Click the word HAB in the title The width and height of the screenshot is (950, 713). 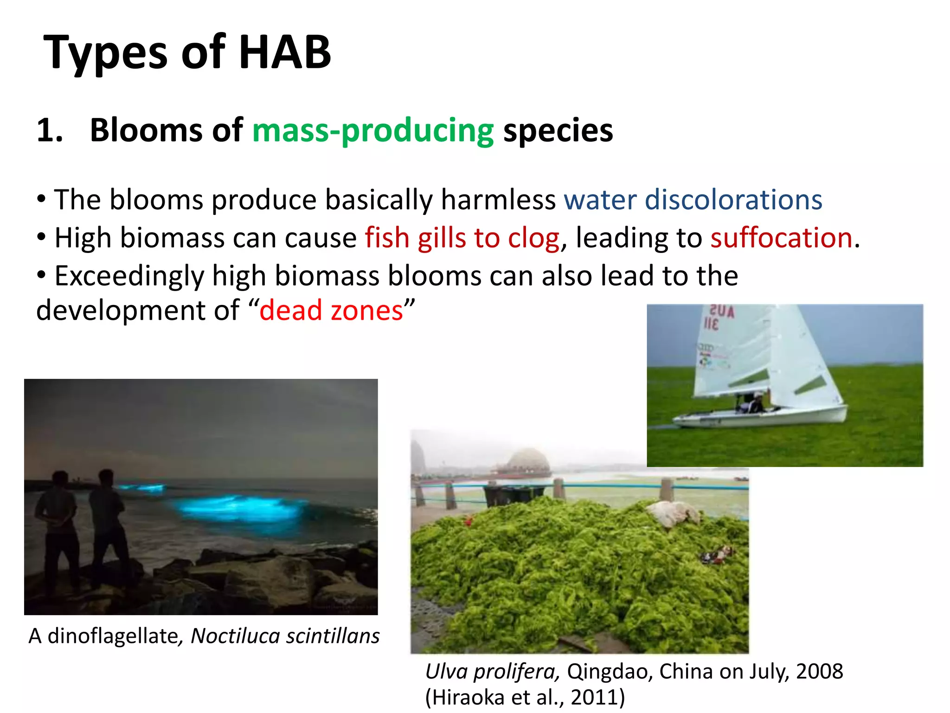pos(284,52)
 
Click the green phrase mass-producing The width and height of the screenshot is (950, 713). pos(372,130)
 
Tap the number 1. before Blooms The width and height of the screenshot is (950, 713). pos(49,130)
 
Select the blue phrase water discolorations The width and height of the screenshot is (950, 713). pos(693,200)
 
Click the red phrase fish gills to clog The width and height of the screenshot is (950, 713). pos(462,238)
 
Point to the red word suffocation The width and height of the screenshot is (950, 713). pos(782,238)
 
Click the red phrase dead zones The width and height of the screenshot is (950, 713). pos(331,311)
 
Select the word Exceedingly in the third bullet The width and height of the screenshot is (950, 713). pos(129,276)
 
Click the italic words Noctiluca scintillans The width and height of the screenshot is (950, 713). pos(285,636)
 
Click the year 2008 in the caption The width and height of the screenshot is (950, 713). pos(820,672)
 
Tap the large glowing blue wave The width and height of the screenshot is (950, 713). pos(241,508)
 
